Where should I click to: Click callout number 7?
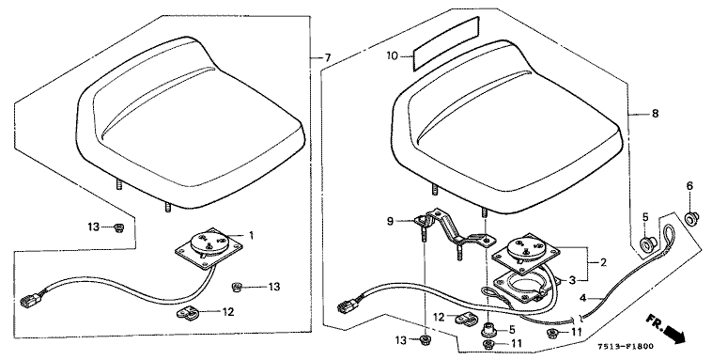[x=328, y=57]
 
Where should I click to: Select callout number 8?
[x=655, y=113]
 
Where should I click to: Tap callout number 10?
[x=392, y=55]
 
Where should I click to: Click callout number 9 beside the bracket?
[x=390, y=222]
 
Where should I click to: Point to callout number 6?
[x=689, y=185]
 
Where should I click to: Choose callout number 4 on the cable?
[x=583, y=299]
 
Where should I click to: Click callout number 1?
[x=251, y=235]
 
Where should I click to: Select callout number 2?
[x=603, y=263]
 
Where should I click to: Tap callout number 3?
[x=572, y=280]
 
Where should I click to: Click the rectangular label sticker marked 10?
[x=445, y=43]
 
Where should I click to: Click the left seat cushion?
[x=190, y=119]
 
